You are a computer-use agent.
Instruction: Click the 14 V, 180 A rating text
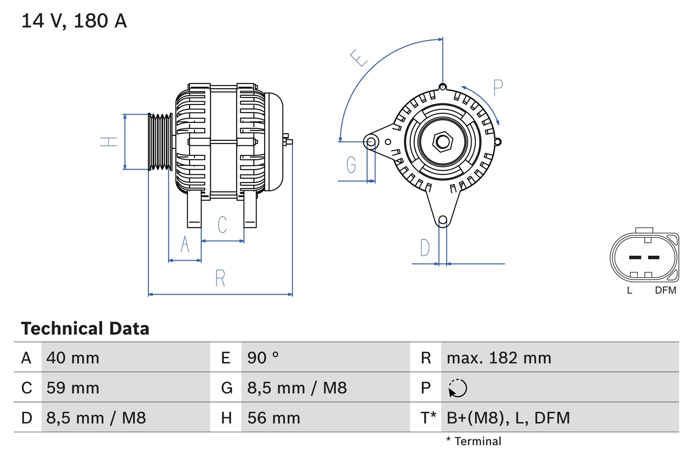(x=74, y=21)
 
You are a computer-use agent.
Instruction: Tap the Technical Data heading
(x=85, y=328)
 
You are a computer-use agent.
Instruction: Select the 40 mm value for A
(x=73, y=357)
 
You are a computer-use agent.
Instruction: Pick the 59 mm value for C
(x=73, y=388)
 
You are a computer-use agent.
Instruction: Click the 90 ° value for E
(x=263, y=357)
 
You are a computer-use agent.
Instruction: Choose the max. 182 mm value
(x=499, y=357)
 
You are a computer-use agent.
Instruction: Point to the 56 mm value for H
(x=273, y=418)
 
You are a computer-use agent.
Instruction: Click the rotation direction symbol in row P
(x=457, y=388)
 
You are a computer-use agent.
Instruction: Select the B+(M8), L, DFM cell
(x=508, y=418)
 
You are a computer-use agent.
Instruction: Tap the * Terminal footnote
(x=474, y=441)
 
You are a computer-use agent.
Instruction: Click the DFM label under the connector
(x=665, y=290)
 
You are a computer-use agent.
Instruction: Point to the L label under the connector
(x=629, y=290)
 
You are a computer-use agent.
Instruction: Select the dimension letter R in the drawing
(x=220, y=278)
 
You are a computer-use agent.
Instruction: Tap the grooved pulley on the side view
(x=160, y=142)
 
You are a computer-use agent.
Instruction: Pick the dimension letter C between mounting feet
(x=222, y=225)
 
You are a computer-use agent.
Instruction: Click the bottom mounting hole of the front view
(x=442, y=220)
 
